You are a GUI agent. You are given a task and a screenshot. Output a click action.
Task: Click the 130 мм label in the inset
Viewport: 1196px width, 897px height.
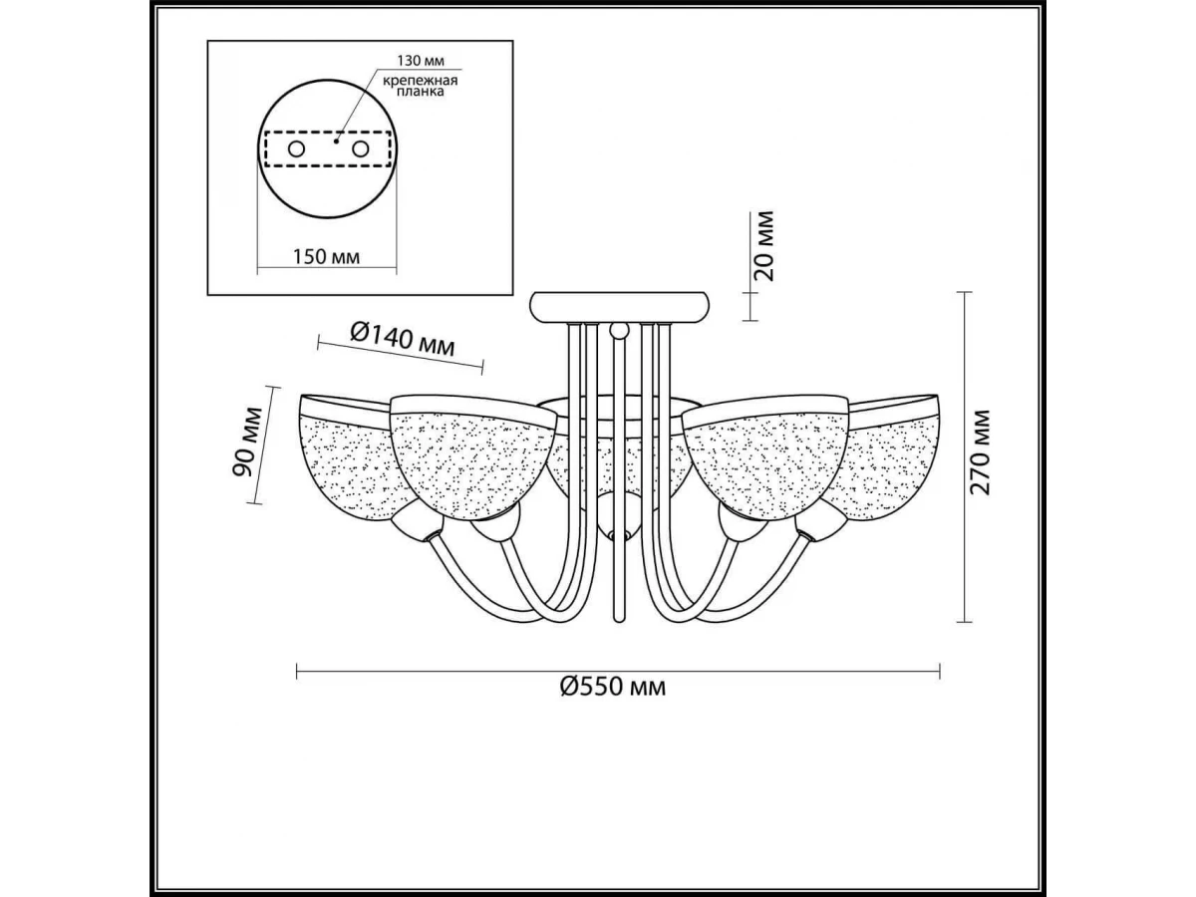point(421,60)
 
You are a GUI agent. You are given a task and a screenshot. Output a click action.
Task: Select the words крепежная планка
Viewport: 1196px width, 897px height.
point(420,86)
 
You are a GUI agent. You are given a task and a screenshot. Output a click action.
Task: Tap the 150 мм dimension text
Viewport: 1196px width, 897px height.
point(326,256)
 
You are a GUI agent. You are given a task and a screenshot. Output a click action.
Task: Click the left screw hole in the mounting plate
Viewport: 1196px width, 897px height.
point(296,149)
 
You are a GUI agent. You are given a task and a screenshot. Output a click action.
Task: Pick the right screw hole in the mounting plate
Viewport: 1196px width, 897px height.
point(360,149)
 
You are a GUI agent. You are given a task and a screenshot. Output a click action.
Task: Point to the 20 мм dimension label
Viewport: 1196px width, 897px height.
point(763,245)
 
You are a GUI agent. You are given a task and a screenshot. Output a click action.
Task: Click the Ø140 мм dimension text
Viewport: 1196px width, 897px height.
point(402,338)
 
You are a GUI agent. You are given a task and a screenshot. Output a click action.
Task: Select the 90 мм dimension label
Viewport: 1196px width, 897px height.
point(247,442)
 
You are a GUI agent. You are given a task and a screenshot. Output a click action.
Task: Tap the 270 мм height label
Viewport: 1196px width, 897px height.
point(979,452)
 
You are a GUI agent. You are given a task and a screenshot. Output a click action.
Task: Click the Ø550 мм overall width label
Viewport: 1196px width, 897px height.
point(613,687)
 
